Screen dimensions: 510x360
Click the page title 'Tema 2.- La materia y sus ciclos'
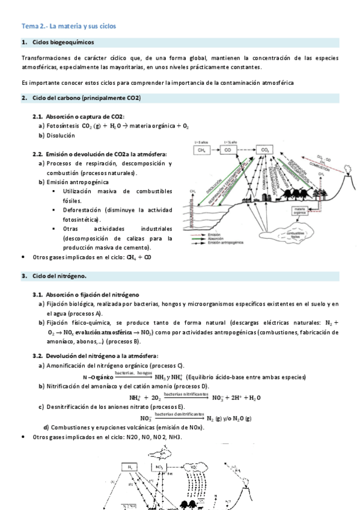coord(69,26)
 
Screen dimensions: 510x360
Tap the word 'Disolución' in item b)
coord(62,135)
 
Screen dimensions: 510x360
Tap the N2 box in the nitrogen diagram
coord(130,467)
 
